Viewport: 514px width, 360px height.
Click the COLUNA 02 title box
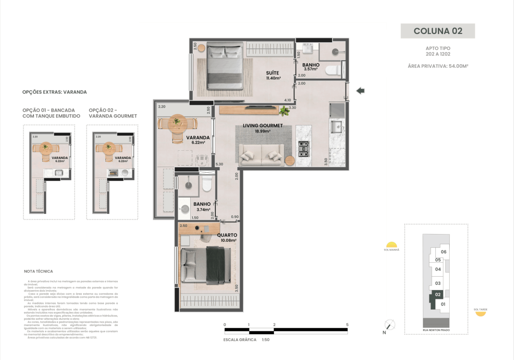point(438,31)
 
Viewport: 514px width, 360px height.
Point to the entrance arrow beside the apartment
point(360,91)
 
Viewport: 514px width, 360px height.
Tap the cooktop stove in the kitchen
point(303,149)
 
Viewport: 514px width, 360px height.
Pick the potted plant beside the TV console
point(284,110)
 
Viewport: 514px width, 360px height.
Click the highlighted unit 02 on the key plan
point(437,295)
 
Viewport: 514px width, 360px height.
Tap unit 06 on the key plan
point(444,252)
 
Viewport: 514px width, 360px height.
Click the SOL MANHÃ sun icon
point(392,245)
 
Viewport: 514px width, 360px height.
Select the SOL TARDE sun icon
point(480,313)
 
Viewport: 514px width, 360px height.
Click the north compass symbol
point(390,325)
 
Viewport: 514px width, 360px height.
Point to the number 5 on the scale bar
point(348,325)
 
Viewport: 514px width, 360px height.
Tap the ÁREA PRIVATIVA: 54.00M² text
point(437,66)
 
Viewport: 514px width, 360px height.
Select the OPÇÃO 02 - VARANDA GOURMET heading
point(113,113)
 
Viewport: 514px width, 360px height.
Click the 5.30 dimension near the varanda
point(219,164)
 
